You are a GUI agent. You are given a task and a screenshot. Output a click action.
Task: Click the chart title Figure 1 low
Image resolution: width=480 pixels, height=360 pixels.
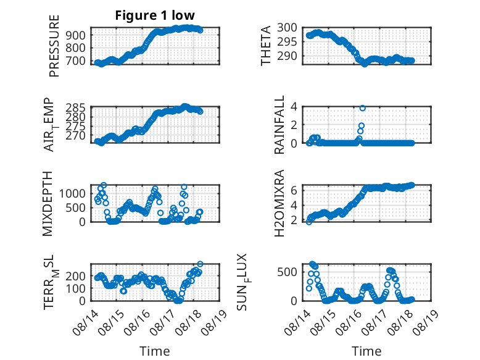point(155,15)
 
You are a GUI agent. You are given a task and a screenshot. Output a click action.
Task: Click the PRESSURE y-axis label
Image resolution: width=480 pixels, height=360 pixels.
point(54,46)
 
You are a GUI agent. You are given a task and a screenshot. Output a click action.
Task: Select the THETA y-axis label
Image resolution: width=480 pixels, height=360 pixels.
point(266,46)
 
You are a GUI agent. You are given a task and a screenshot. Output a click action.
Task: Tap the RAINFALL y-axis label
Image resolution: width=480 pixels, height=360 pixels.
point(279,125)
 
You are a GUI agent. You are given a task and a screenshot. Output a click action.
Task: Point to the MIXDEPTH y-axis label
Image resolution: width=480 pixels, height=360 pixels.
point(48,204)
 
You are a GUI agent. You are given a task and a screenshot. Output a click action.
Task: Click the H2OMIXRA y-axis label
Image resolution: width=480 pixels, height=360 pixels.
point(279,203)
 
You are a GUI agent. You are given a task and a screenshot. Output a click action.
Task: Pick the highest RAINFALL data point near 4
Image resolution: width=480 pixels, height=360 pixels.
point(362,108)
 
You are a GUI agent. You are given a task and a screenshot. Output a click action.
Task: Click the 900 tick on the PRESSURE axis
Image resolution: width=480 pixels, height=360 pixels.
point(76,35)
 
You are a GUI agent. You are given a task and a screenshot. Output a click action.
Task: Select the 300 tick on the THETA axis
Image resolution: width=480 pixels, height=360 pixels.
point(287,28)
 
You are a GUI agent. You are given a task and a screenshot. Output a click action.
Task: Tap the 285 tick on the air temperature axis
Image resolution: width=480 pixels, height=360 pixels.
point(76,108)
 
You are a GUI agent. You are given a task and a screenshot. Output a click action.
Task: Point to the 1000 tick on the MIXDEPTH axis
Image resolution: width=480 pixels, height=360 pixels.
point(73,193)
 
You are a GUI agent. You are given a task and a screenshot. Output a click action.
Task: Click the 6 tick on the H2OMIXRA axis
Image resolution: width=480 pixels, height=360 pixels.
point(294,190)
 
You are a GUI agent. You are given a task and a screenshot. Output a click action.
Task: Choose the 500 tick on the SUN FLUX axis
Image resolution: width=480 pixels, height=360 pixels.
point(287,272)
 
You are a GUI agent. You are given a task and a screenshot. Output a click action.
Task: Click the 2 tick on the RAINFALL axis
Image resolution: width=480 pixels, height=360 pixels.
point(294,125)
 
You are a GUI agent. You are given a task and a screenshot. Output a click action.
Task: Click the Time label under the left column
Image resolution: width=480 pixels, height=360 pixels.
point(155,351)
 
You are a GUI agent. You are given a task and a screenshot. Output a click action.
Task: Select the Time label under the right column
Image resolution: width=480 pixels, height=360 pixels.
point(366,351)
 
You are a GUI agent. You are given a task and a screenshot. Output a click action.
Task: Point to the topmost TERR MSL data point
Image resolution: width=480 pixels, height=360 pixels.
point(200,264)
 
